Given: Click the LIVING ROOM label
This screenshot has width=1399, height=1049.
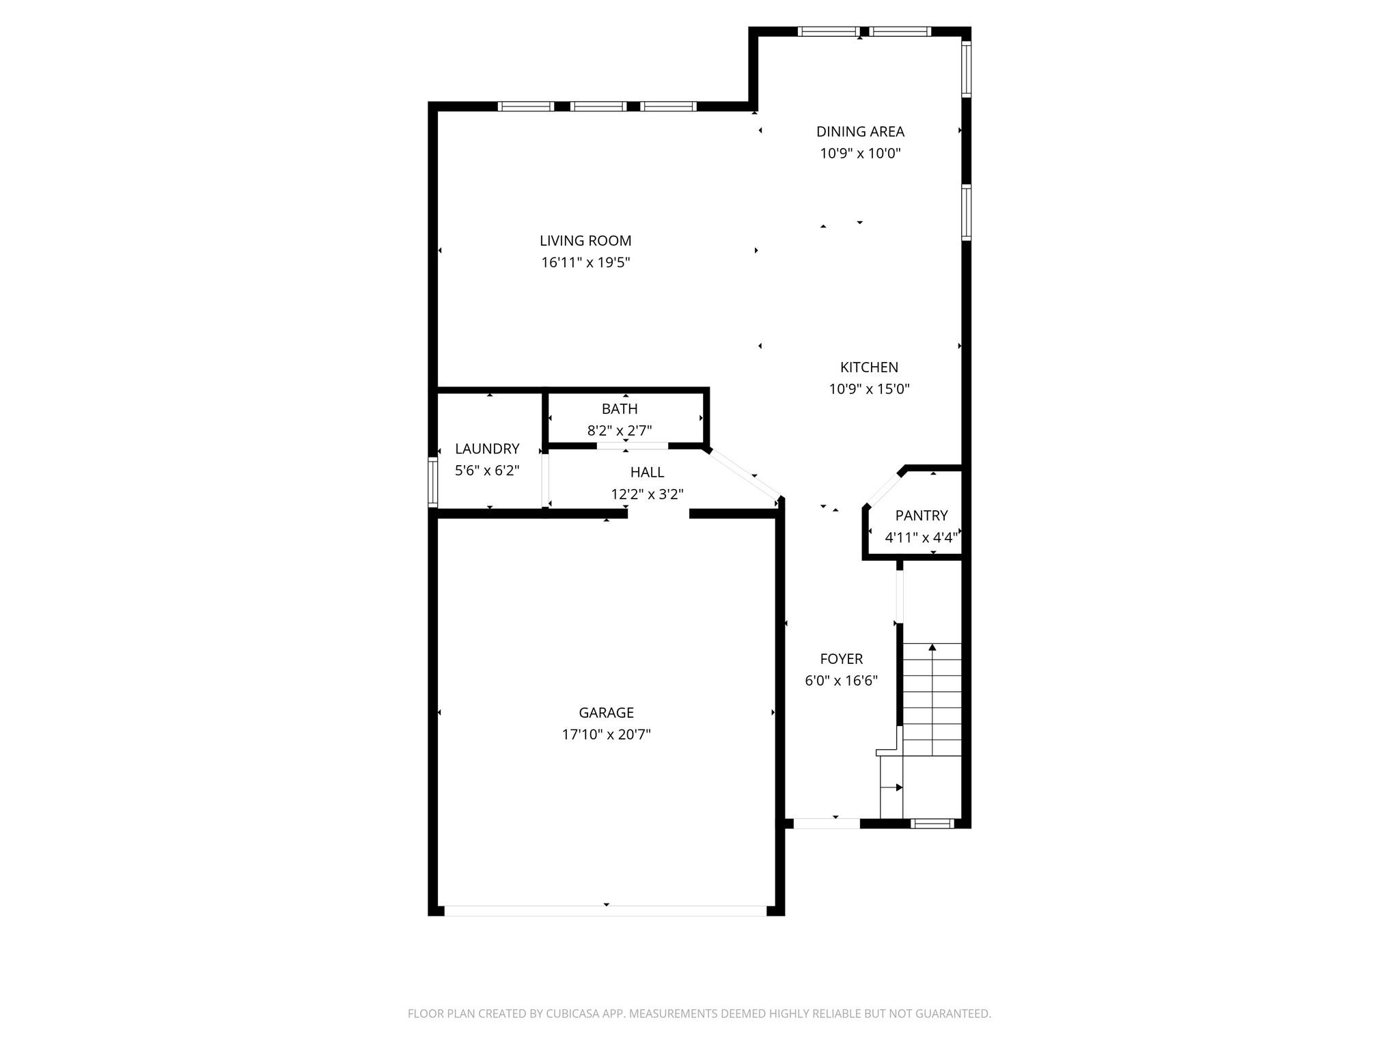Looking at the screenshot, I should click(585, 240).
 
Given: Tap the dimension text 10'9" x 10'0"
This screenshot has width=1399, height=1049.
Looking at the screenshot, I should click(860, 154).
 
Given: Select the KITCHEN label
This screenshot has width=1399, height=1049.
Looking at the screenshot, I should click(869, 367).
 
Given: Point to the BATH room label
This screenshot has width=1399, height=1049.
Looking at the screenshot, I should click(620, 409).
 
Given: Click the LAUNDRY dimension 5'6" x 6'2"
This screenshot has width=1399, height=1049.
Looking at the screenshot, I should click(487, 471).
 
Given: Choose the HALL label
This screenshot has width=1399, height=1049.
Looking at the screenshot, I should click(647, 472).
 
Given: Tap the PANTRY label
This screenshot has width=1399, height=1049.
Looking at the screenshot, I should click(922, 516).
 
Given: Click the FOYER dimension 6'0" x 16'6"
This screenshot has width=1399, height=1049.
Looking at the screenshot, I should click(841, 681).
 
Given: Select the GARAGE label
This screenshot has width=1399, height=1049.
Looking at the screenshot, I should click(606, 713).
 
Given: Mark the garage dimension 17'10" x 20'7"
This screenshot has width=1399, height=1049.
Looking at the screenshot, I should click(606, 735).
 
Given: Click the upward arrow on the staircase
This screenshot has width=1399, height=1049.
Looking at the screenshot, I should click(932, 647).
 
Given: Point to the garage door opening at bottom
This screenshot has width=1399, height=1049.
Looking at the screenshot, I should click(605, 910).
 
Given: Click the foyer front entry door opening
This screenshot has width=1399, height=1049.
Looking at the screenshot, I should click(826, 824).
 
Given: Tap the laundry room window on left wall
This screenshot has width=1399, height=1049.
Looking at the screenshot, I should click(432, 481).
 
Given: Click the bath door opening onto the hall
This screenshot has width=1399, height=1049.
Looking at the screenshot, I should click(632, 446).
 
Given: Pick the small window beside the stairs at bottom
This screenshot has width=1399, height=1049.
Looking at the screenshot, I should click(933, 824).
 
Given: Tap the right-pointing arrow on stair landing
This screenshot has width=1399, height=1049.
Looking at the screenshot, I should click(898, 787).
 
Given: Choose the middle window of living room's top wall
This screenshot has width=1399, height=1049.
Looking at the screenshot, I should click(598, 106).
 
